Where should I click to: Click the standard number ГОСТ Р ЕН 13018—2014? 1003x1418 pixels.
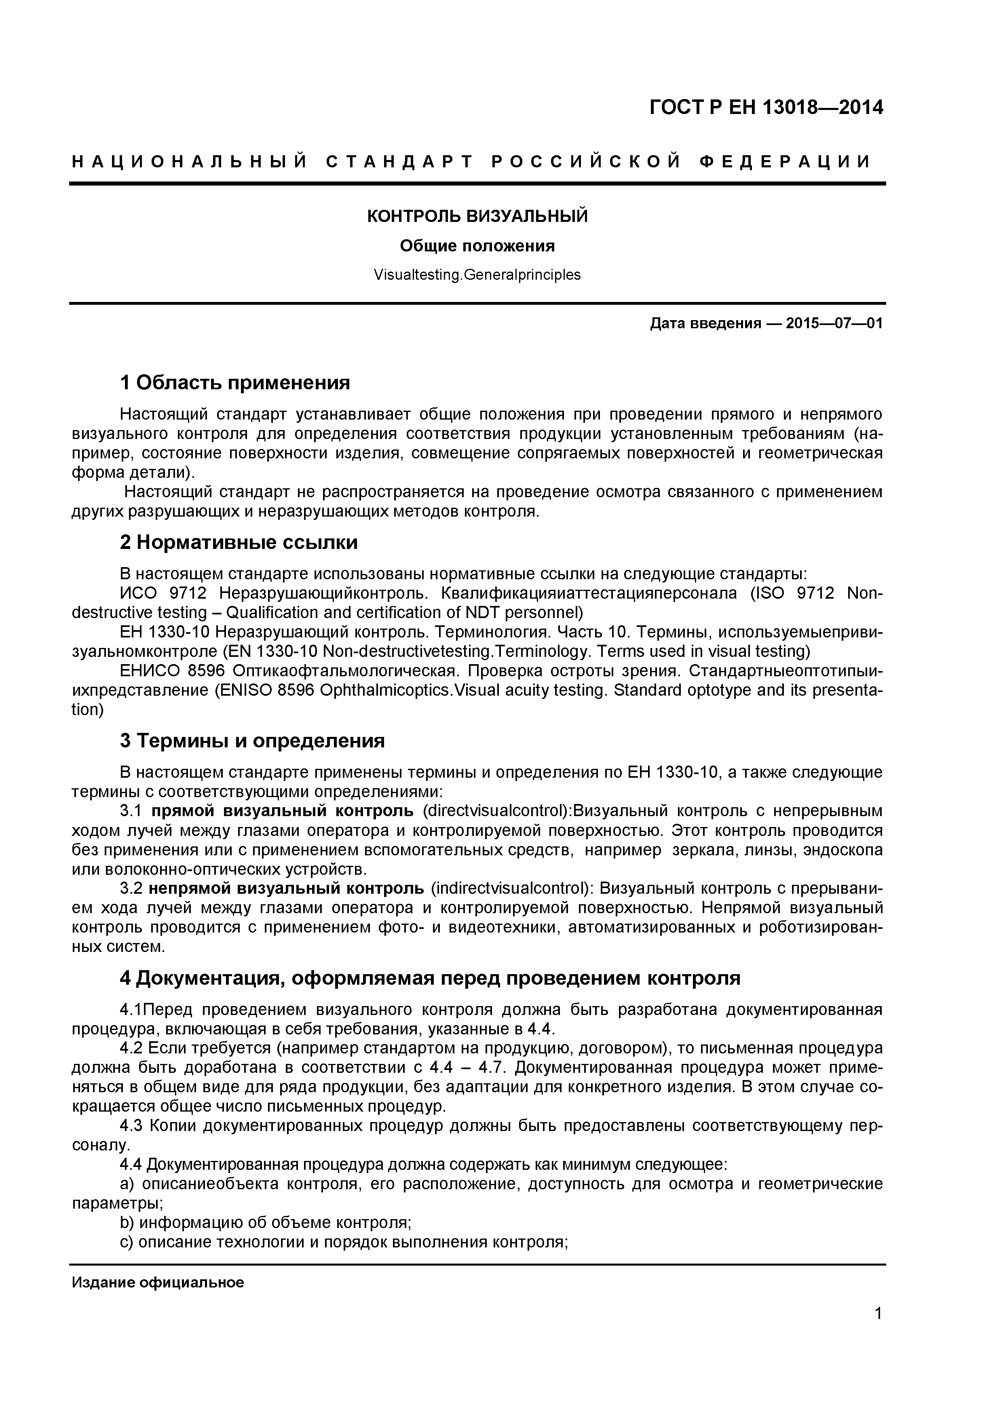tap(766, 108)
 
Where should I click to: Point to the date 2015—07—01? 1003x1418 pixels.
tap(834, 324)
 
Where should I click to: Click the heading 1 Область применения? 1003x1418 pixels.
tap(235, 382)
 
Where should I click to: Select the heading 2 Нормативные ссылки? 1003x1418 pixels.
tap(239, 542)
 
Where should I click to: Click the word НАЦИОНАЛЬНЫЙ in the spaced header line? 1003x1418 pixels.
tap(189, 162)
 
